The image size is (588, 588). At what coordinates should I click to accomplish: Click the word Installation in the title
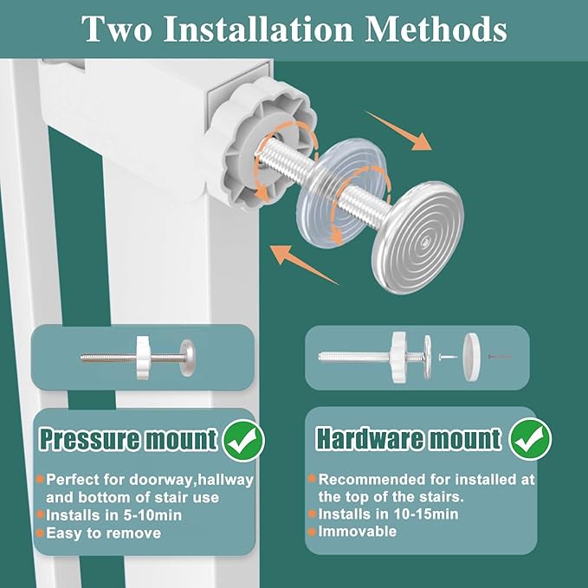[x=258, y=29]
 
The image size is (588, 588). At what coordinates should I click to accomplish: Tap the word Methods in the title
[x=436, y=29]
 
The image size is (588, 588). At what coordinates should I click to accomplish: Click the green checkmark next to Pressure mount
[x=243, y=440]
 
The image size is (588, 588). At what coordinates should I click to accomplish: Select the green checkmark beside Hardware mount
[x=530, y=439]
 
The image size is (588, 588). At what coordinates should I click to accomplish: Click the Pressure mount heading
[x=128, y=438]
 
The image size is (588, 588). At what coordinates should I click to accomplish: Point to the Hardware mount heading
[x=409, y=438]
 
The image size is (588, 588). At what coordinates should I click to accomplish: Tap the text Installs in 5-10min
[x=114, y=515]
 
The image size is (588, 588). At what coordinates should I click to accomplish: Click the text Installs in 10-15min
[x=388, y=514]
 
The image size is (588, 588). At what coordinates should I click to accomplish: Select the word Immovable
[x=358, y=532]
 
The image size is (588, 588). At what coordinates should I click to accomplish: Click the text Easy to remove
[x=104, y=533]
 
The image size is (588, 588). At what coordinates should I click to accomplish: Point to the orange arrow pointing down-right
[x=398, y=131]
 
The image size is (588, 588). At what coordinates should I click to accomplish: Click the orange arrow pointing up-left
[x=304, y=265]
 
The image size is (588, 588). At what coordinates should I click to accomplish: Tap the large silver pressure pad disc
[x=417, y=237]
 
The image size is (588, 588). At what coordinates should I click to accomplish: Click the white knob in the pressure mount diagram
[x=143, y=358]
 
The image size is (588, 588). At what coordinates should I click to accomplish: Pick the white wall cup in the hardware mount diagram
[x=471, y=357]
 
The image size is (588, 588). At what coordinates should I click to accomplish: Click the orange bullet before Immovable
[x=312, y=532]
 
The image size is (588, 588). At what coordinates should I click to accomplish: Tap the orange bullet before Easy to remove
[x=40, y=533]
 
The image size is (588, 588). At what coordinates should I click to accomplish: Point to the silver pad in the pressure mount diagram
[x=187, y=358]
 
